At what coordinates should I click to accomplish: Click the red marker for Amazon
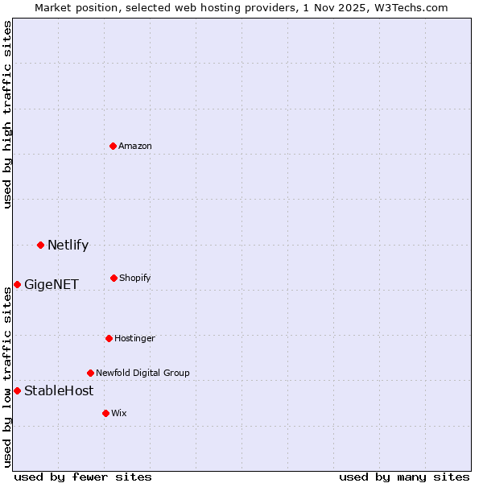(x=114, y=146)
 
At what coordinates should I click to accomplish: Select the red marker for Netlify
(x=40, y=245)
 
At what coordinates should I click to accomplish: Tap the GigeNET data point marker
(x=17, y=284)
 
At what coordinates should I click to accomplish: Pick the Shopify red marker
(x=114, y=278)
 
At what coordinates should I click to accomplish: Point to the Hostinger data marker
(x=109, y=338)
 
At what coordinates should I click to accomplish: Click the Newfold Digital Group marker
(x=90, y=373)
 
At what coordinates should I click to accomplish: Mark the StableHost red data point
(x=17, y=390)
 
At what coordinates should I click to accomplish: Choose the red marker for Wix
(x=105, y=413)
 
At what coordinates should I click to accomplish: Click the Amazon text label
(x=135, y=146)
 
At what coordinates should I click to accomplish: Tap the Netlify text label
(x=68, y=245)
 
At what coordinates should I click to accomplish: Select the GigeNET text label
(x=52, y=284)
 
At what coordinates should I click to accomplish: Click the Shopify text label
(x=135, y=278)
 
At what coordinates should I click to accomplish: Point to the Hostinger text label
(x=134, y=338)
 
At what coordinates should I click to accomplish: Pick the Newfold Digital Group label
(x=142, y=373)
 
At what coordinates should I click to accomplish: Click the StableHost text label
(x=59, y=390)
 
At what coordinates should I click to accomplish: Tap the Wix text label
(x=119, y=413)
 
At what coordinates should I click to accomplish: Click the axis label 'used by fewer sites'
(x=83, y=477)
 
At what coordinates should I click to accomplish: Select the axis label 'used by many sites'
(x=404, y=477)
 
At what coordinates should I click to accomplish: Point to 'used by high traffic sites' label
(x=7, y=114)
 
